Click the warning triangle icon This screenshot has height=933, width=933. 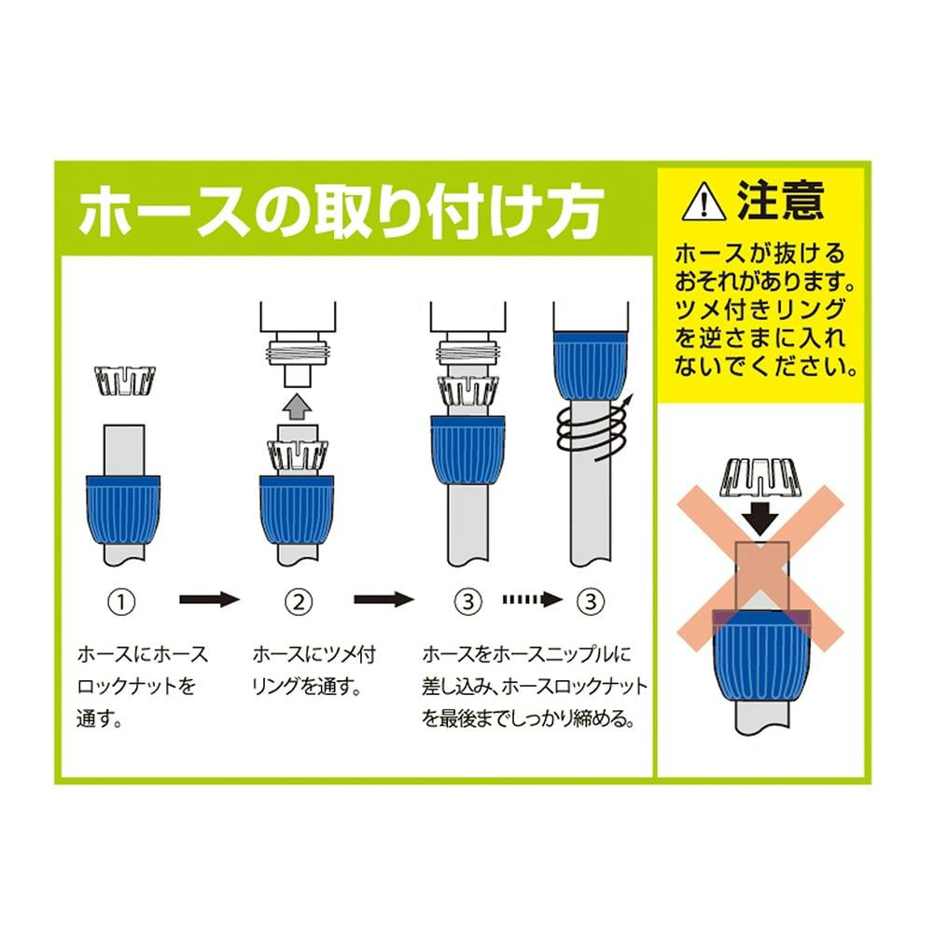[x=703, y=202]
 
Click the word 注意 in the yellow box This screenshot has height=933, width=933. [x=781, y=201]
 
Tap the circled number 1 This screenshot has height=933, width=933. [x=121, y=602]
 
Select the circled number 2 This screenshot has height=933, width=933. [x=299, y=602]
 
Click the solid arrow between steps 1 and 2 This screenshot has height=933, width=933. [x=209, y=599]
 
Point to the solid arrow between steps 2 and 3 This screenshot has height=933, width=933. [x=383, y=599]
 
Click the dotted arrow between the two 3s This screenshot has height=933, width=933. [x=533, y=599]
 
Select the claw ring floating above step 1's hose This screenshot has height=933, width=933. [x=126, y=381]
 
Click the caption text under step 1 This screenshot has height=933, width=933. [x=142, y=687]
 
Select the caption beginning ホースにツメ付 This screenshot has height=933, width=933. [x=314, y=671]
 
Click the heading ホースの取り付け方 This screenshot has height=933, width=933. [x=341, y=211]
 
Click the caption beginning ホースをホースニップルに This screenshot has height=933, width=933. [x=535, y=687]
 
